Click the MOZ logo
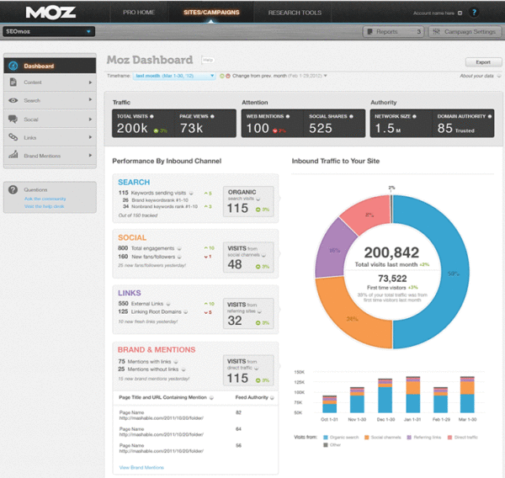[x=51, y=13]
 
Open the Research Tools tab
[x=294, y=13]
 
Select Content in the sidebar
[x=34, y=82]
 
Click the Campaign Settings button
[x=464, y=32]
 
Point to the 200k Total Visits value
[x=132, y=129]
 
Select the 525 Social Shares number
[x=321, y=129]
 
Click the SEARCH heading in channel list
[x=134, y=183]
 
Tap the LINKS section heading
[x=130, y=293]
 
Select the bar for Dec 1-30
[x=384, y=398]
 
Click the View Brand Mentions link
[x=141, y=467]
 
